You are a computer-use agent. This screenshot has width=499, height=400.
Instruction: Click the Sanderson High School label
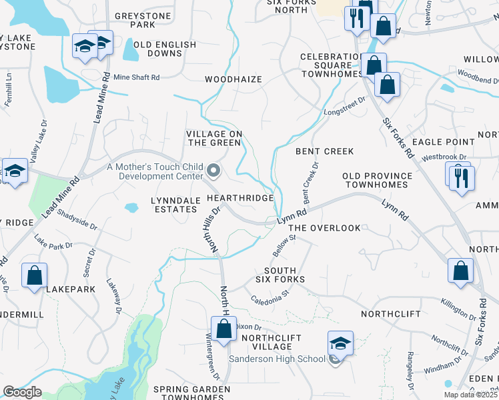coord(278,359)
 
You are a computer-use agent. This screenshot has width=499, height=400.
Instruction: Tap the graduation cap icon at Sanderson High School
coord(340,344)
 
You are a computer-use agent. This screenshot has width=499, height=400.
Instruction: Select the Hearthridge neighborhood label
coord(240,199)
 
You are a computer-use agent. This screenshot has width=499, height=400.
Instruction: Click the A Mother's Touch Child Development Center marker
coord(213,171)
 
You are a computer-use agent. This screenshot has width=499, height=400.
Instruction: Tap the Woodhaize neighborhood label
coord(233,79)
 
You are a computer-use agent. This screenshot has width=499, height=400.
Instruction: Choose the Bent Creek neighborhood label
coord(325,151)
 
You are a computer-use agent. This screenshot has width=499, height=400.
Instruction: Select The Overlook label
coord(324,228)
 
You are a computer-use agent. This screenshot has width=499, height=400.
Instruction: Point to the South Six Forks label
coord(284,275)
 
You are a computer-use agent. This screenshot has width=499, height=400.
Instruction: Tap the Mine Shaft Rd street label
coord(136,78)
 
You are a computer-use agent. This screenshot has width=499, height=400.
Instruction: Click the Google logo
coord(22,392)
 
